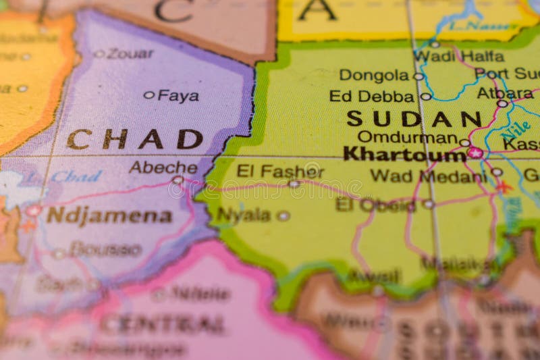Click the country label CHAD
click(x=134, y=139)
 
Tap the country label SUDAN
click(x=414, y=119)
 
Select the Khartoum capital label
click(x=404, y=154)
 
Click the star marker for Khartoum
click(x=475, y=153)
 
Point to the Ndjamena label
click(x=109, y=215)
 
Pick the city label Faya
click(x=178, y=96)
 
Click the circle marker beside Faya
click(x=148, y=95)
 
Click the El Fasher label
click(x=279, y=171)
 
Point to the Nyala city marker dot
click(x=283, y=216)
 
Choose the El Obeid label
click(x=375, y=205)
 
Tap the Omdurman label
click(x=407, y=137)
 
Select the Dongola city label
click(x=374, y=75)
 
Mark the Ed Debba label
click(x=371, y=96)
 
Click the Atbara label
click(x=505, y=93)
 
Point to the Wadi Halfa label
click(x=459, y=56)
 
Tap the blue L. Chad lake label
click(x=67, y=177)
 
